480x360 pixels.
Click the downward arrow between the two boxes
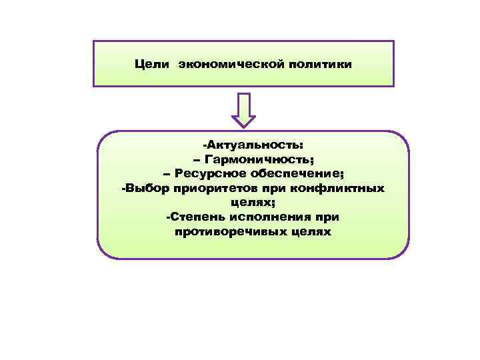[x=243, y=110]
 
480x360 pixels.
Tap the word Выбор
[x=147, y=189]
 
